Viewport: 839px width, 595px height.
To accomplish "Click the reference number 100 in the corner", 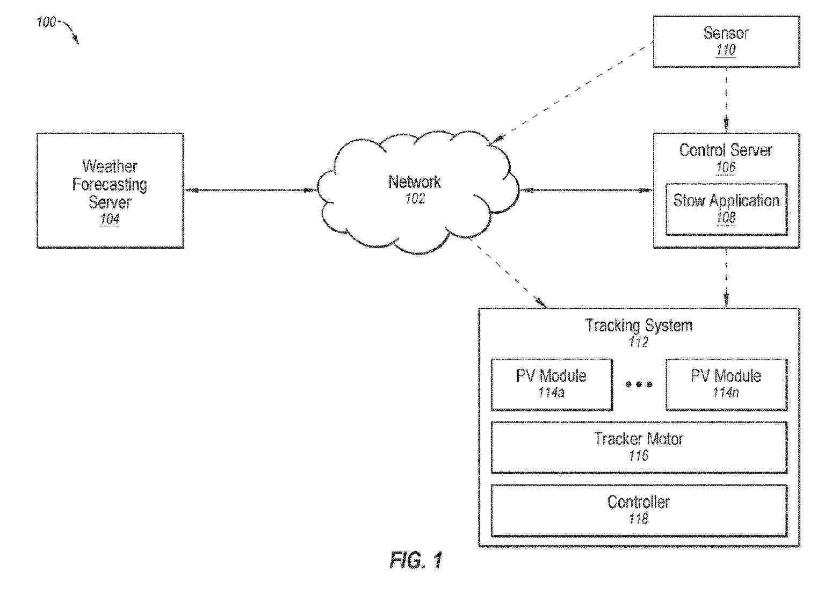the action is tap(46, 22).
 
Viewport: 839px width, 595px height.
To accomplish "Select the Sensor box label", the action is tap(726, 33).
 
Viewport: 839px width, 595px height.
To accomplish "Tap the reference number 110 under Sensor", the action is tap(726, 50).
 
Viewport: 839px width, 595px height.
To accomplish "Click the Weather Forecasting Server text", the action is tap(110, 184).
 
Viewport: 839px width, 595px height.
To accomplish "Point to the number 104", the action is tap(110, 219).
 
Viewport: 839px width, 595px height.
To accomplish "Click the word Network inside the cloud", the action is tap(414, 182).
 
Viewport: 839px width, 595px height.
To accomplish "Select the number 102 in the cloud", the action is tap(415, 199).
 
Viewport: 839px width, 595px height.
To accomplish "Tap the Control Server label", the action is tap(726, 150).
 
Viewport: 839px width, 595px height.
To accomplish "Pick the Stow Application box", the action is tap(726, 209).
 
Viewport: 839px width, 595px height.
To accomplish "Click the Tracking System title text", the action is tap(639, 325).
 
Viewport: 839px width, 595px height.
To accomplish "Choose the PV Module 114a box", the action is tap(552, 384).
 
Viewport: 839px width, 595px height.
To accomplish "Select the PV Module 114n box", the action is tap(726, 384).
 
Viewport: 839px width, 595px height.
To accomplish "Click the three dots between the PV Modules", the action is tap(639, 384).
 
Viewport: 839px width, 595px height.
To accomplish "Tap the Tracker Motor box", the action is tap(639, 447).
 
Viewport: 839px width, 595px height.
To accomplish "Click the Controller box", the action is tap(639, 510).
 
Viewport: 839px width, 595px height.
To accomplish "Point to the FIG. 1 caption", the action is tap(416, 560).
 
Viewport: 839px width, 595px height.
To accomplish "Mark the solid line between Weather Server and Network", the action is tap(251, 190).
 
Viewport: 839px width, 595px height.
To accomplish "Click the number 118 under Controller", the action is tap(639, 519).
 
